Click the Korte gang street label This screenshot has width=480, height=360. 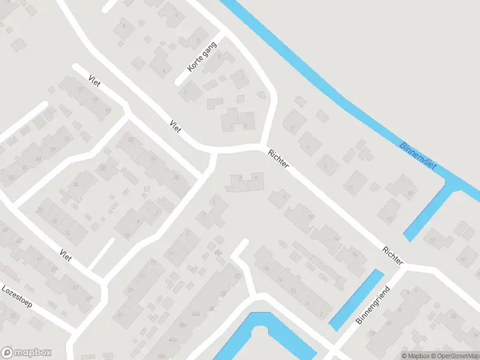(200, 58)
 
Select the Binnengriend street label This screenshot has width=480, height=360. (373, 306)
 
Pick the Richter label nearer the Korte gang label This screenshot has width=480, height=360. (280, 161)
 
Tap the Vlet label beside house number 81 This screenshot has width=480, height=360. (94, 80)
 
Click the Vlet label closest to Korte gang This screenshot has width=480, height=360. (175, 127)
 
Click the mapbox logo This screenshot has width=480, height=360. (26, 352)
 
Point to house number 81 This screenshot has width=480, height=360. (81, 89)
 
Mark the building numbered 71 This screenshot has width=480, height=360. (66, 139)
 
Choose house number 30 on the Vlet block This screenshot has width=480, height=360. (131, 139)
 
